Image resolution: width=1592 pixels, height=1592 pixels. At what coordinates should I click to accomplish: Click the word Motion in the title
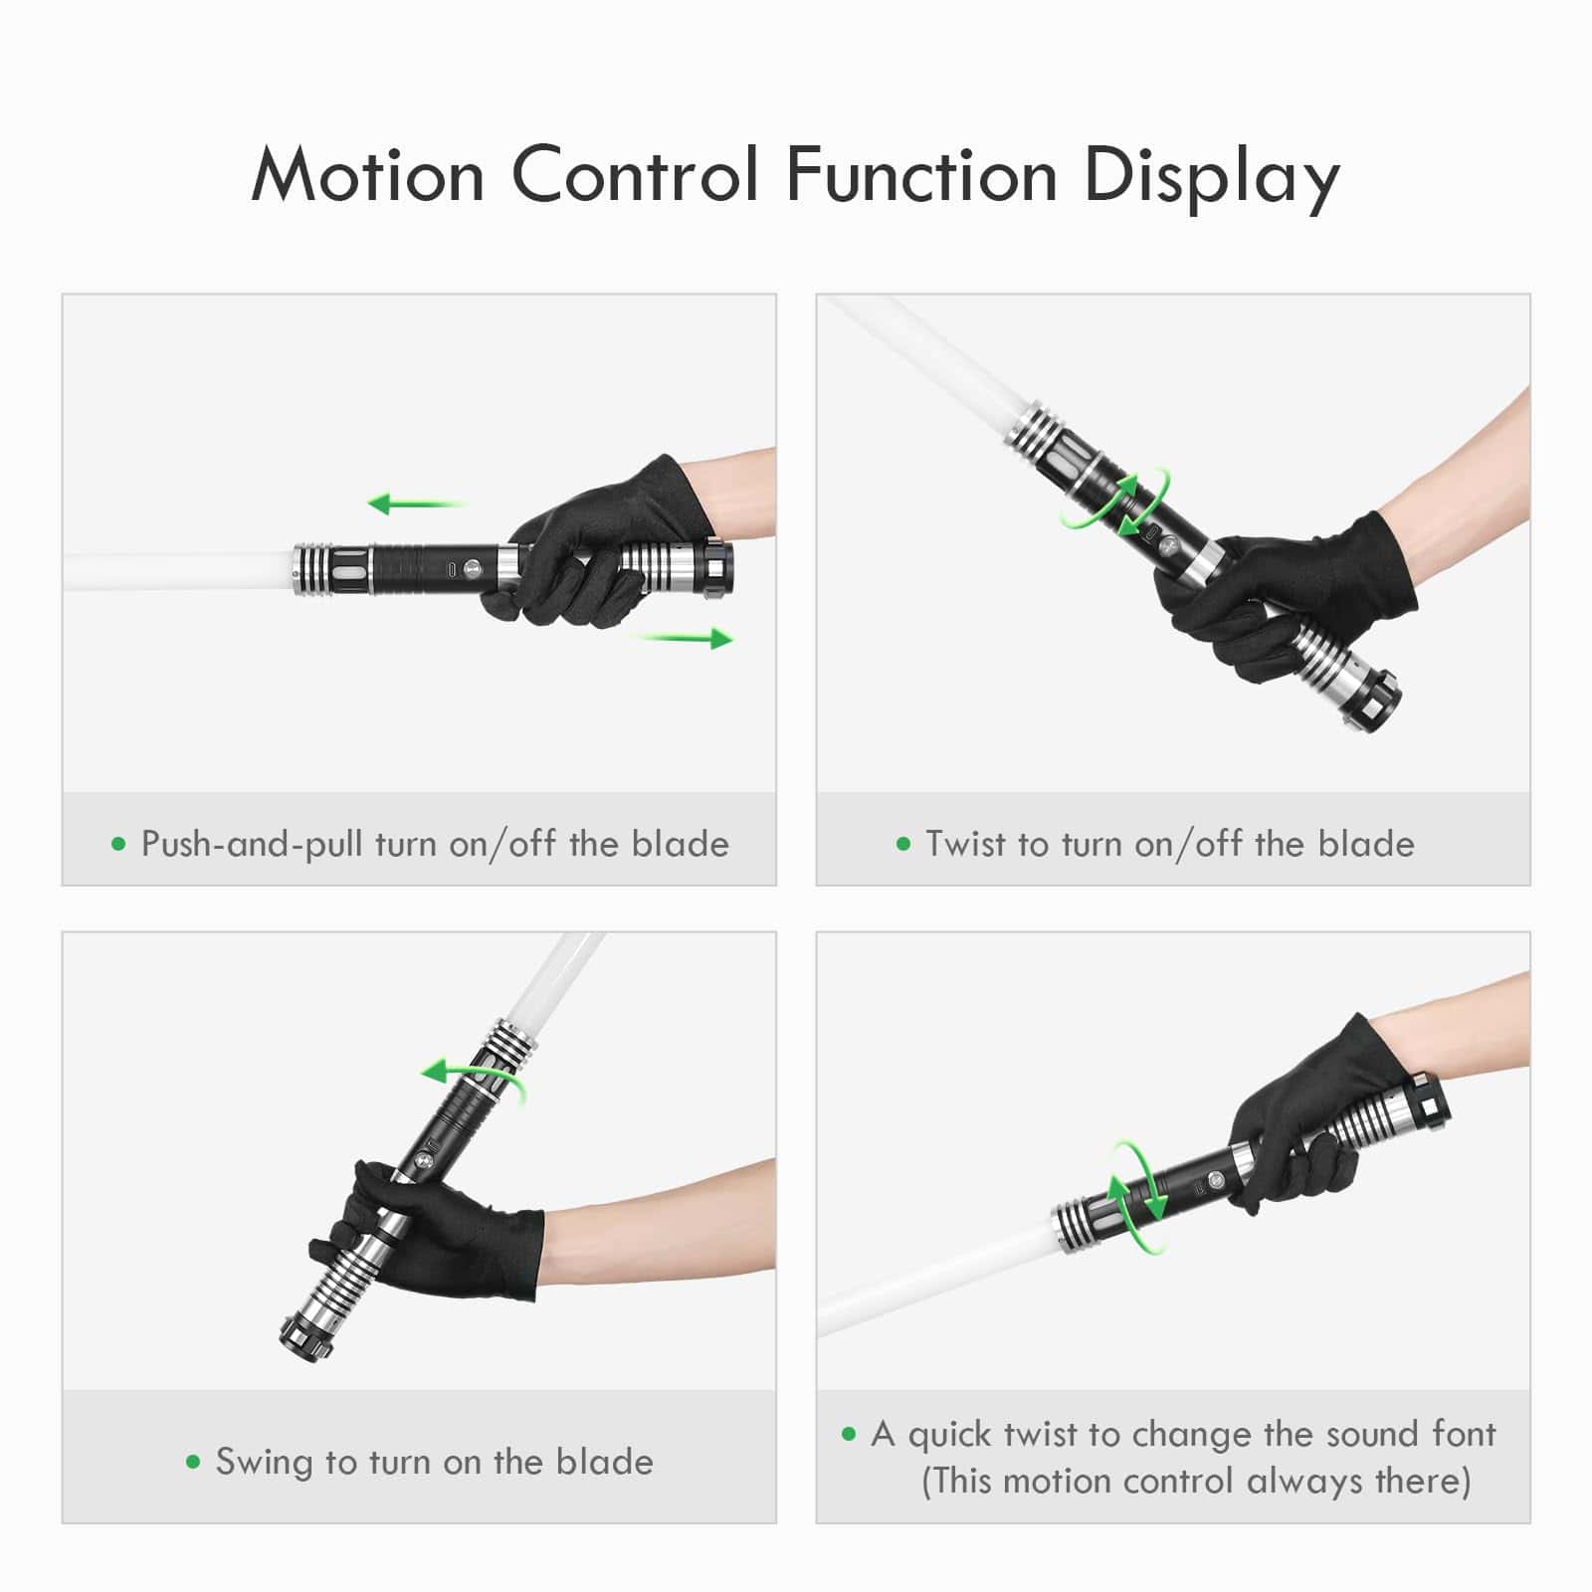(367, 175)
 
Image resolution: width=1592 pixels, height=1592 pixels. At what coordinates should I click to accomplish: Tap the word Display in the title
(1211, 177)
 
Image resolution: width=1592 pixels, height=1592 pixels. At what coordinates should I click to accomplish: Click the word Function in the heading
(920, 175)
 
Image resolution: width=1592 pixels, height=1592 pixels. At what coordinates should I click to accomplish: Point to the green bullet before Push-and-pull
(119, 845)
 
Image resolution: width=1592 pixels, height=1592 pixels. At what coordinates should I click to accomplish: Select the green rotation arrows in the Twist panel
(1113, 503)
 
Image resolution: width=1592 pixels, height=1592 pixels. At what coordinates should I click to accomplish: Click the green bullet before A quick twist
(849, 1434)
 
